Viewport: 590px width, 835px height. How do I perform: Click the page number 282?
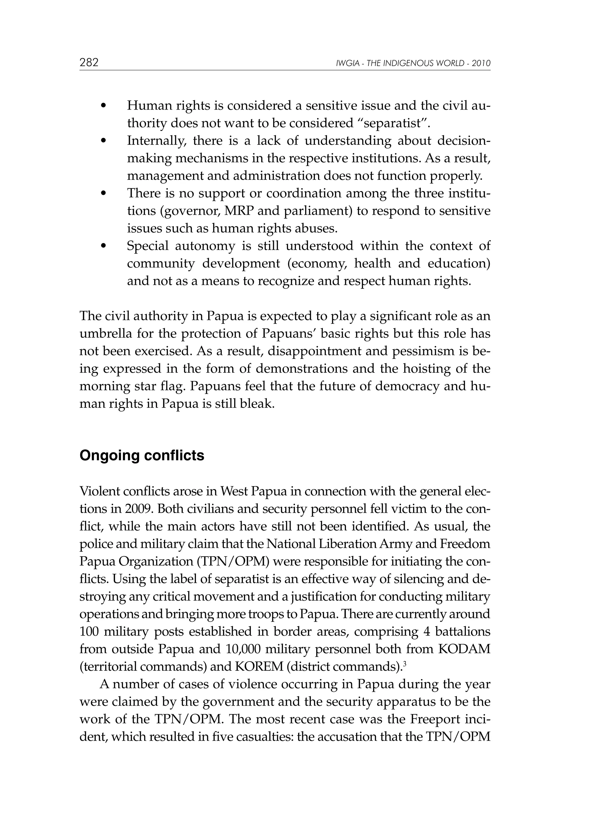[89, 63]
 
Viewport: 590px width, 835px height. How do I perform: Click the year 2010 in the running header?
[481, 64]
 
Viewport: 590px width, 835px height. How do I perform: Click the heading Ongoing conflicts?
[142, 455]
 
